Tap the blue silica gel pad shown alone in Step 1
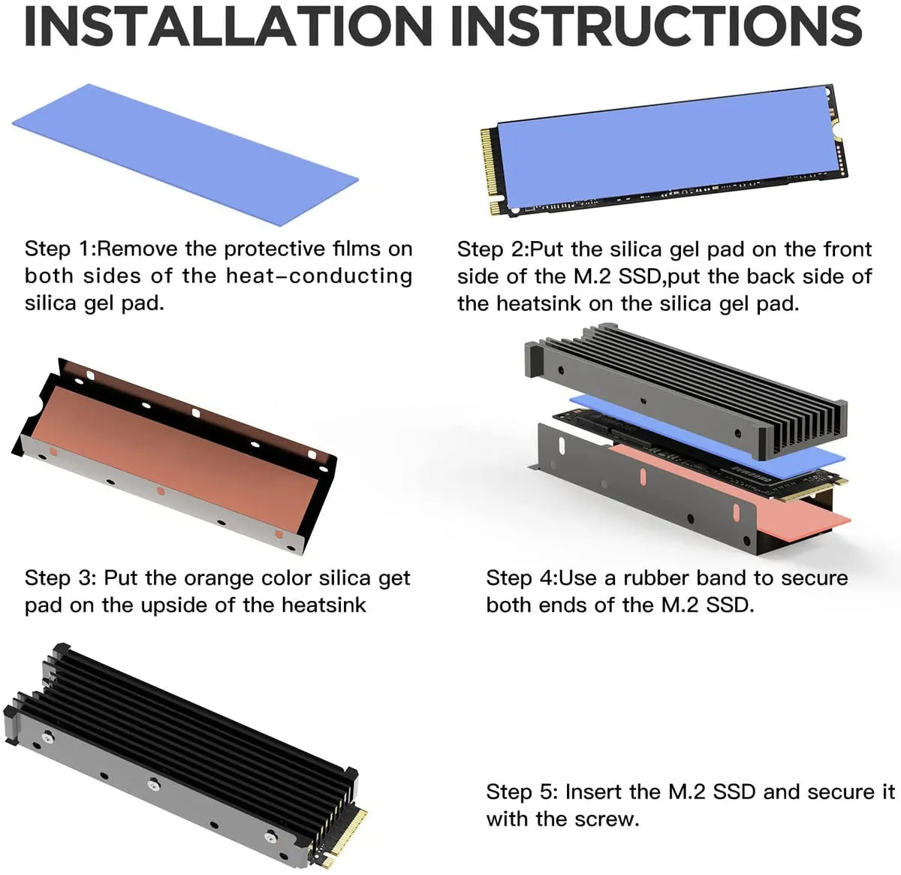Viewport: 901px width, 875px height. [185, 155]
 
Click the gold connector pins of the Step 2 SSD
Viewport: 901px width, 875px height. [492, 171]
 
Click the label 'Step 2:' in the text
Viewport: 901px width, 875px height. [493, 249]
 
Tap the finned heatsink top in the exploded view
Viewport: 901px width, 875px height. [686, 390]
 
